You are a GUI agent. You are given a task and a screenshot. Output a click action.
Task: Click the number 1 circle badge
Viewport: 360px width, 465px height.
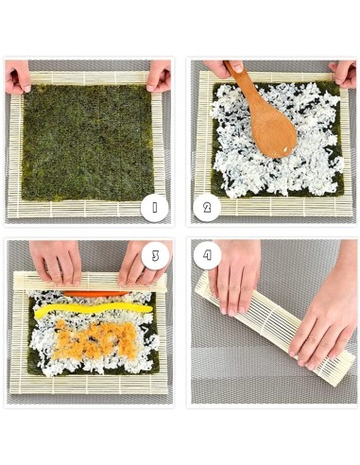[153, 206]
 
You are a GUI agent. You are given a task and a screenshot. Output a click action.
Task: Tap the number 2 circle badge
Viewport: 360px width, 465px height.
[207, 206]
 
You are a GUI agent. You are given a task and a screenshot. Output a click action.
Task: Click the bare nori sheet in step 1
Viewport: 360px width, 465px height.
[85, 142]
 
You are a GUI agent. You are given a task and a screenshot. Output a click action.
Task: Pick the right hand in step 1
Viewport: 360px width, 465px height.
[159, 75]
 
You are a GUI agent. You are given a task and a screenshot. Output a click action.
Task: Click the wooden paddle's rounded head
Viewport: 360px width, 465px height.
[271, 128]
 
